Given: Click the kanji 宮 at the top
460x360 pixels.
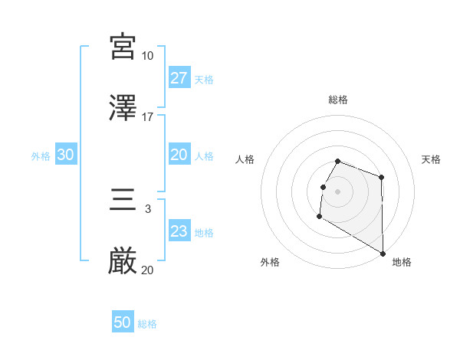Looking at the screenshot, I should point(123,47).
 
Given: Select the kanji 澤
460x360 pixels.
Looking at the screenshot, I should point(123,107).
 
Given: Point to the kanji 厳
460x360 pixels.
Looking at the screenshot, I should point(123,262).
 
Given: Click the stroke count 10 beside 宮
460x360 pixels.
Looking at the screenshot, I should point(148,56).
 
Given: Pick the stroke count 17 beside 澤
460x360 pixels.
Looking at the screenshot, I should point(148,116).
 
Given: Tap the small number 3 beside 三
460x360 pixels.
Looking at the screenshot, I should point(148,208).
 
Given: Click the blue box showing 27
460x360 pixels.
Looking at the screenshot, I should point(179,78).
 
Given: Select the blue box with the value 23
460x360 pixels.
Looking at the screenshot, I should point(179,231).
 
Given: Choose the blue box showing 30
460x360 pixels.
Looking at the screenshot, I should point(66,155).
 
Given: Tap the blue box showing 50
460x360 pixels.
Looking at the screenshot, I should point(123,322).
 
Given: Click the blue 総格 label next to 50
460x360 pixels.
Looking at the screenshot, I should point(148,324).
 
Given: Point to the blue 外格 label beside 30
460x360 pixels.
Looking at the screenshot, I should point(41,156).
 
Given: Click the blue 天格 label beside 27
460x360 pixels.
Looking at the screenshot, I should point(204,80).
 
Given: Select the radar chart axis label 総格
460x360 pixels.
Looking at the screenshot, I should point(338,100).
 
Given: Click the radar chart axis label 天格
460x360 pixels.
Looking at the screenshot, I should point(432,159).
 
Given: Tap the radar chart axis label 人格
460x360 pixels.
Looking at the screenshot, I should point(245,159).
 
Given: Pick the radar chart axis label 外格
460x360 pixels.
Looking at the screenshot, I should point(270,262).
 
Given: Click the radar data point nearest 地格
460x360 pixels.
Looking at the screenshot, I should point(383,254).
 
